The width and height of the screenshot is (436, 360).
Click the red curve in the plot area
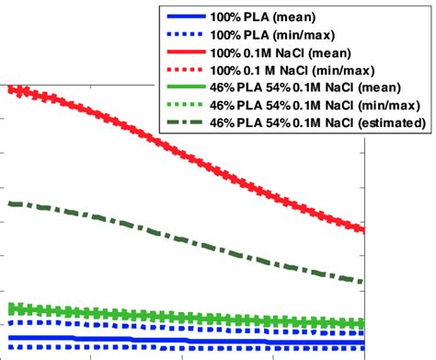point(184,150)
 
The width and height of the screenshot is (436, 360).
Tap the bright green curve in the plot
point(184,316)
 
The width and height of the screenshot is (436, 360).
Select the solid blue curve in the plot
point(184,342)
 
